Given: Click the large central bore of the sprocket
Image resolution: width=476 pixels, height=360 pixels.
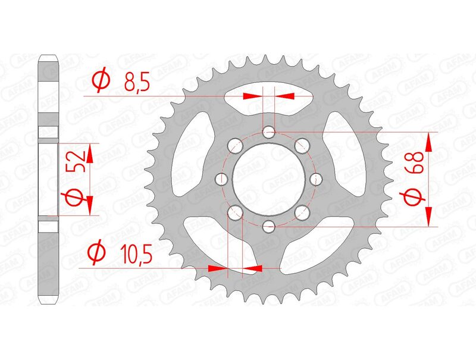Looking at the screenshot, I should [x=268, y=179].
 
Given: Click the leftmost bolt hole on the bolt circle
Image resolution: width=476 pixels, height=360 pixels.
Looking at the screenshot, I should [x=223, y=179].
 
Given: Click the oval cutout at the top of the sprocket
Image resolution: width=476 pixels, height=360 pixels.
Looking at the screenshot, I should [x=269, y=103].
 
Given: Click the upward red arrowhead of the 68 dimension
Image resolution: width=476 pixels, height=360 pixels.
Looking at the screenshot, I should [x=428, y=140].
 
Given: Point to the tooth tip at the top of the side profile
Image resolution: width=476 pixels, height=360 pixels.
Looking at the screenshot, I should [x=49, y=58].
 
